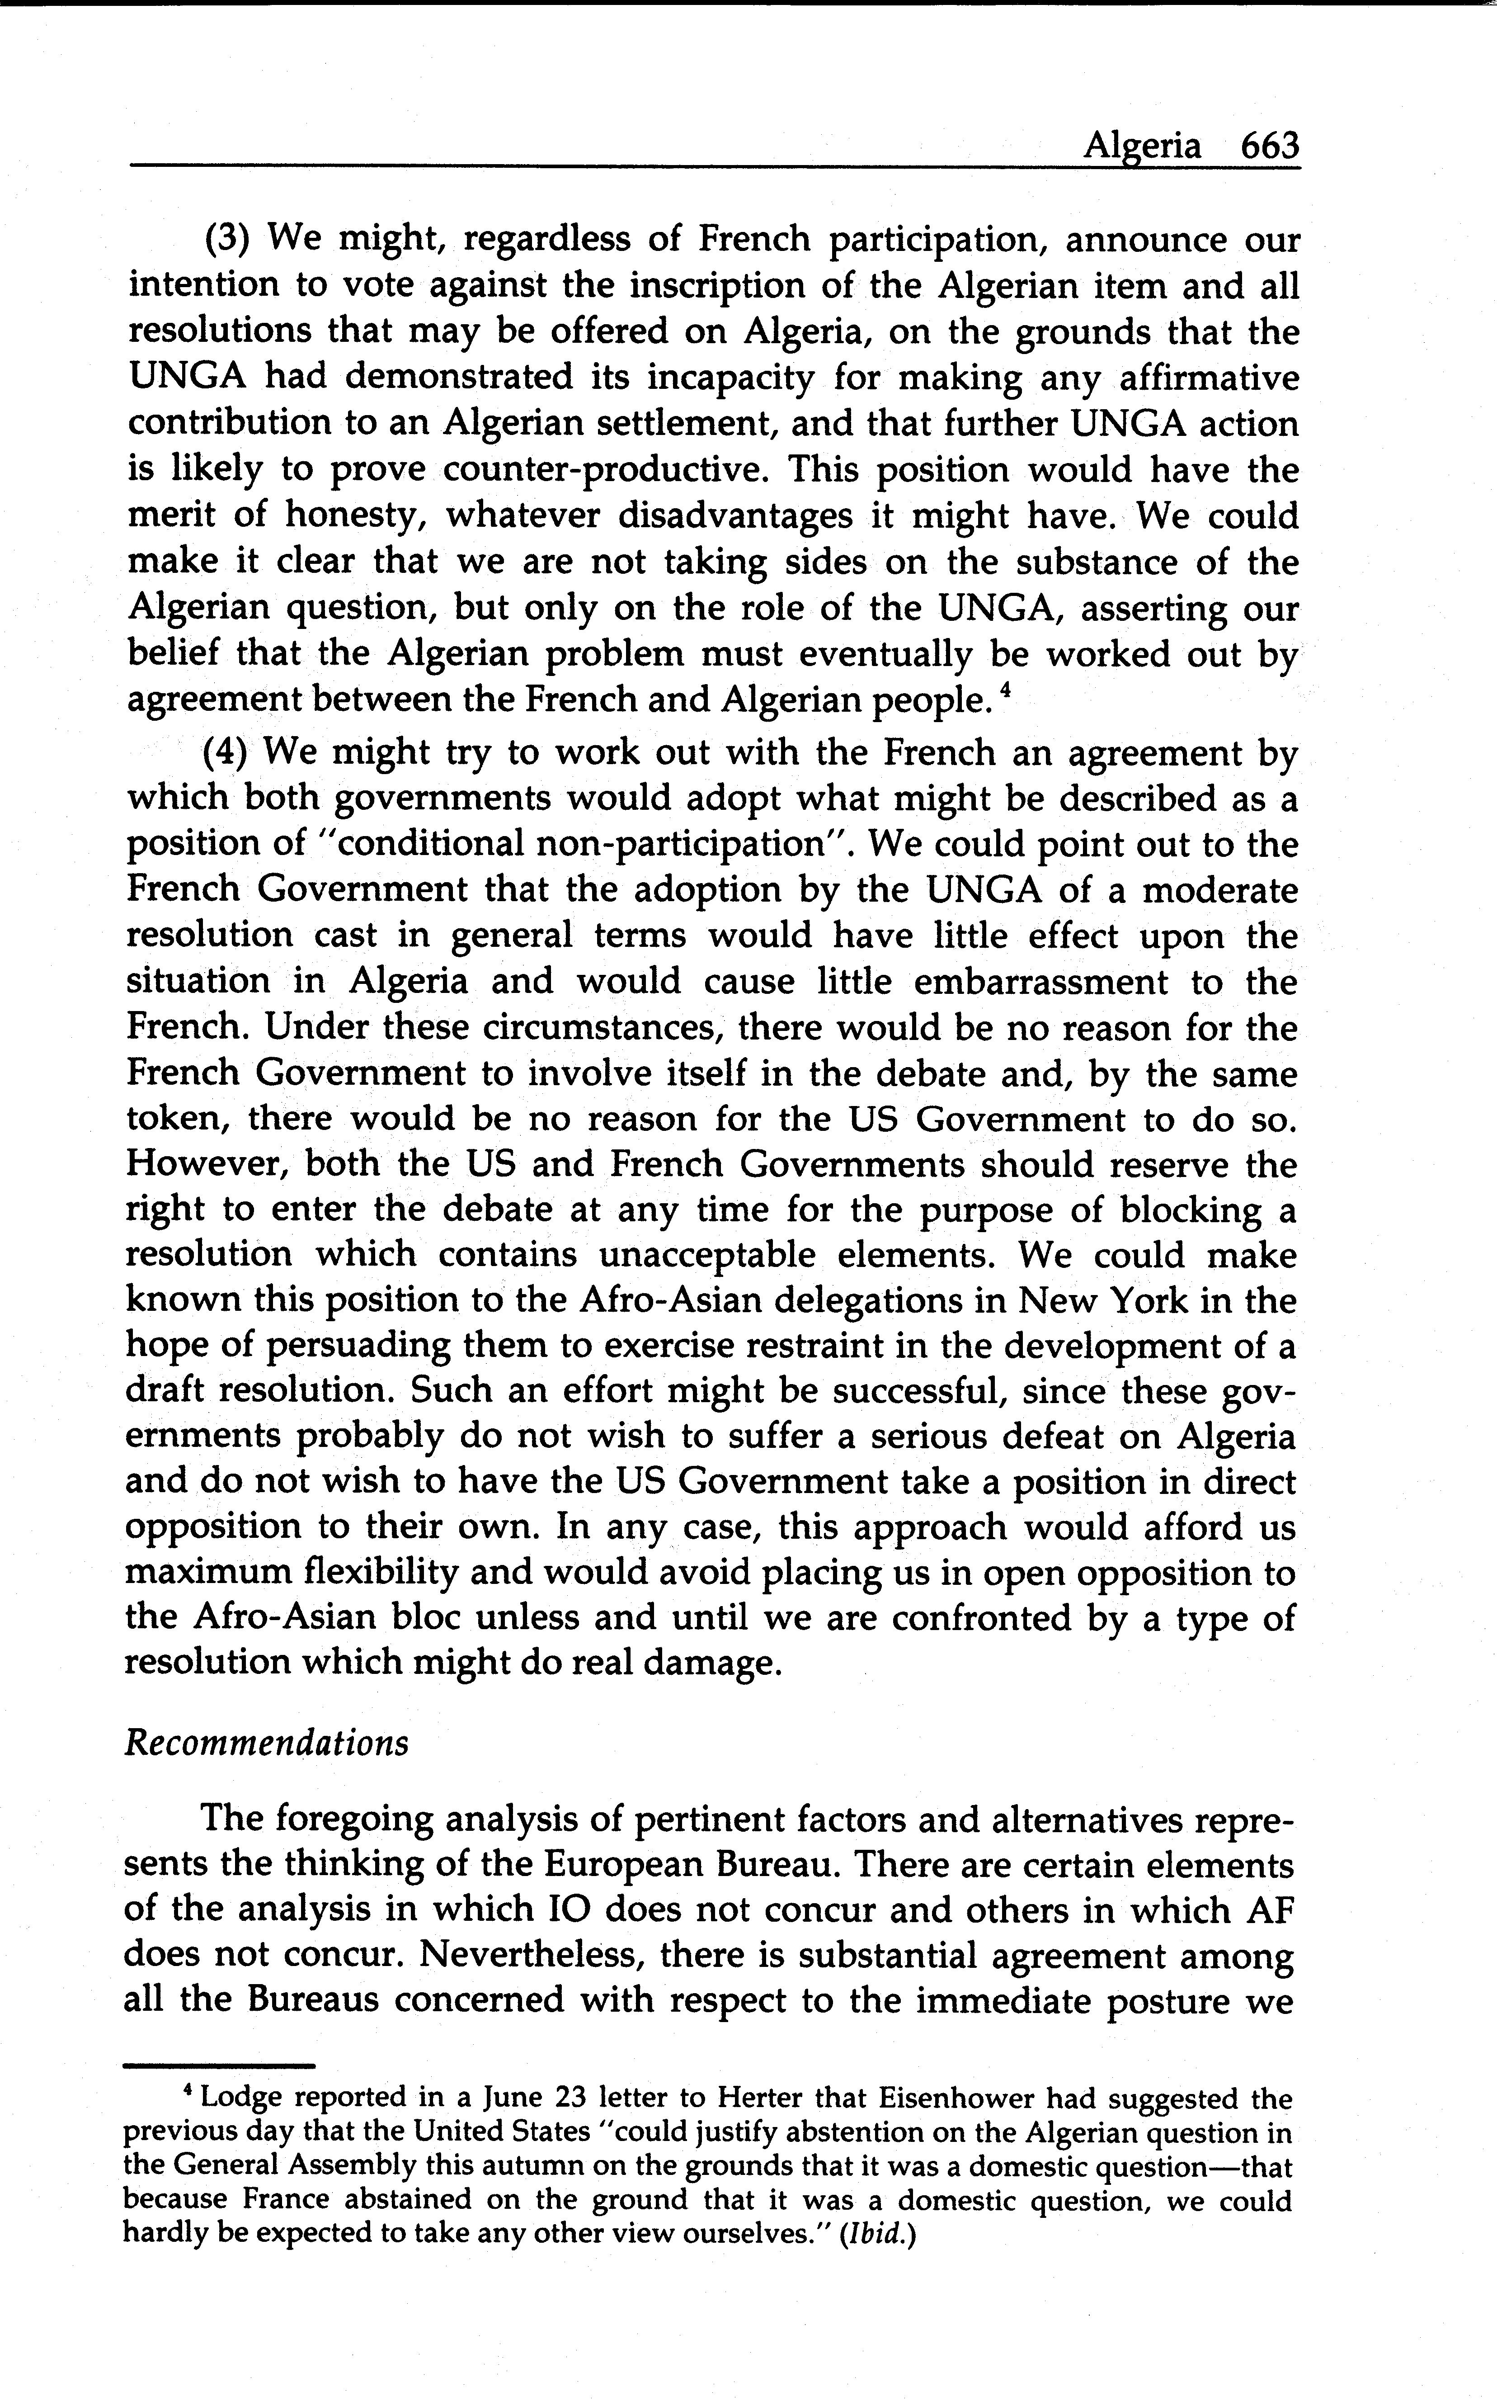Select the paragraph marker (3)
pyautogui.click(x=231, y=240)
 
